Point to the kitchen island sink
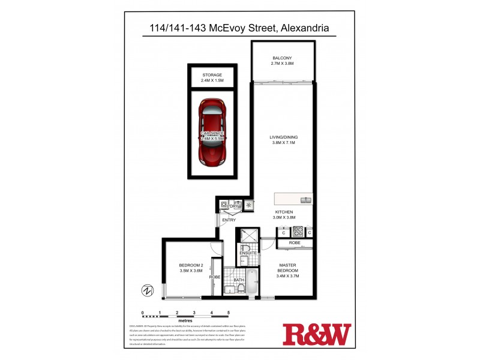click(305, 199)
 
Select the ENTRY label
click(229, 220)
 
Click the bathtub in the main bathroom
click(253, 282)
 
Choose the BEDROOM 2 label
click(191, 268)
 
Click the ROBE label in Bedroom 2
click(215, 277)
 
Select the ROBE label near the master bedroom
click(295, 243)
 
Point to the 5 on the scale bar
click(228, 313)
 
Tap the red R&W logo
click(316, 334)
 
